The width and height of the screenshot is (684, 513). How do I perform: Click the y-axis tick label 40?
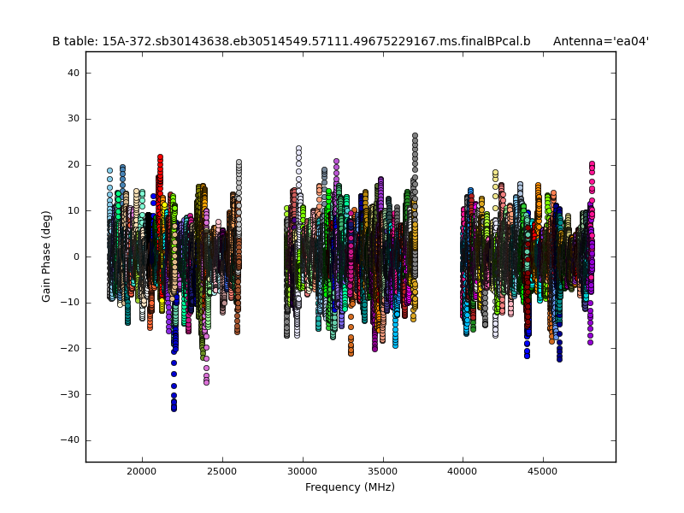pos(74,74)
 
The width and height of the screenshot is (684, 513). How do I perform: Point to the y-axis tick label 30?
pos(74,119)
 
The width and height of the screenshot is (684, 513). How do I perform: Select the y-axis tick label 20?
pos(74,165)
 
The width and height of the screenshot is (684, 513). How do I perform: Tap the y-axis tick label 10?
pos(74,210)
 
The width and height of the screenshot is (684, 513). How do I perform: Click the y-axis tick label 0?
pos(76,256)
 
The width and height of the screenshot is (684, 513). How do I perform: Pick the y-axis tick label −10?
pos(71,303)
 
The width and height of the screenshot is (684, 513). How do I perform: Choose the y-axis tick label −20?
pos(71,348)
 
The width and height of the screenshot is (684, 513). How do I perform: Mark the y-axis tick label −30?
pos(71,394)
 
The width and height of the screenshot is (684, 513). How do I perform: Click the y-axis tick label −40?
pos(71,439)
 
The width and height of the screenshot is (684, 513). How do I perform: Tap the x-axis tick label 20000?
pos(142,471)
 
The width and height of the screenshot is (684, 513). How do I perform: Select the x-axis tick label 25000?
pos(222,471)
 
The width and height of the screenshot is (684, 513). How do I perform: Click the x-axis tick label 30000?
pos(303,471)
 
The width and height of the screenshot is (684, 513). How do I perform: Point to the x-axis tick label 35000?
pos(382,471)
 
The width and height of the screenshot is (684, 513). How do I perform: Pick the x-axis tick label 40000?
pos(463,471)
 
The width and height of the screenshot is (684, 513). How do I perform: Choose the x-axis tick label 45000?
pos(543,471)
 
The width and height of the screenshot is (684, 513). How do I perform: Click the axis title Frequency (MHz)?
pos(350,487)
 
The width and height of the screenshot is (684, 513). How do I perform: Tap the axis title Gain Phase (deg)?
pos(47,256)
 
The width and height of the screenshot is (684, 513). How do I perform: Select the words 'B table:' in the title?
pos(75,41)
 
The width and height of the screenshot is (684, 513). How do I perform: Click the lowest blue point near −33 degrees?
pos(174,409)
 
